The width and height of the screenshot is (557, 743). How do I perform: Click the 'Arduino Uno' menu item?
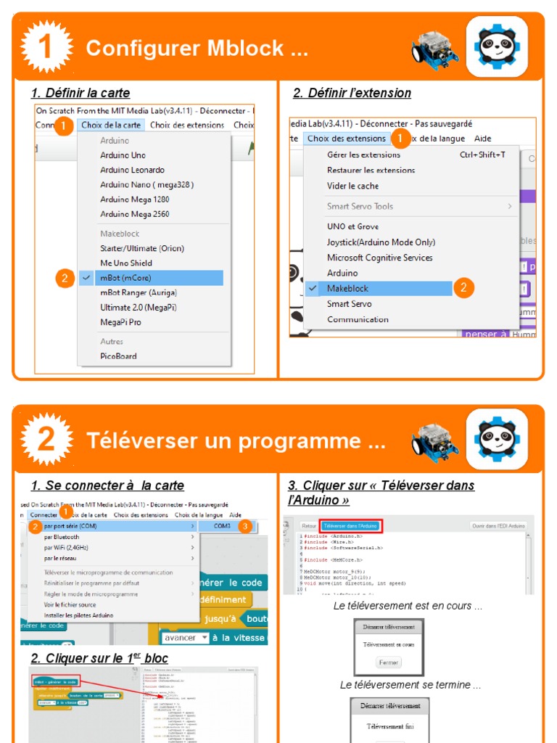tap(123, 155)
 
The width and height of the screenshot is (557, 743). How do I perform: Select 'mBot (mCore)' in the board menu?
tap(125, 278)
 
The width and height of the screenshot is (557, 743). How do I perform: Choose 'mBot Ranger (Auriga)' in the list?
tap(138, 292)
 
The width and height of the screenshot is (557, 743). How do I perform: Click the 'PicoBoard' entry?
tap(118, 356)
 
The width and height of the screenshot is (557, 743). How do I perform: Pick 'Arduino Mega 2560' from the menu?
tap(135, 214)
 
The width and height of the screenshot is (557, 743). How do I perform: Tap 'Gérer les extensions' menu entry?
tap(363, 155)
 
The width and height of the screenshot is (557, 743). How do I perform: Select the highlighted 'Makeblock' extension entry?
tap(347, 288)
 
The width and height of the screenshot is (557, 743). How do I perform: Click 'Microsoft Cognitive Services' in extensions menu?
tap(379, 258)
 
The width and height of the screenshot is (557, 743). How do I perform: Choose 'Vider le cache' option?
tap(352, 186)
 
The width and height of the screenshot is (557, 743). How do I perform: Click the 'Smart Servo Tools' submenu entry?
tap(360, 206)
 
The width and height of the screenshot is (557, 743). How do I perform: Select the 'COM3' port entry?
tap(222, 526)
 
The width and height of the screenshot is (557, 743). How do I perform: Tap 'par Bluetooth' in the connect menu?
tap(62, 537)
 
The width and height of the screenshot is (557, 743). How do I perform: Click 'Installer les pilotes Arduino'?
tap(78, 615)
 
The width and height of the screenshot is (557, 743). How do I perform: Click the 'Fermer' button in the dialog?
tap(389, 662)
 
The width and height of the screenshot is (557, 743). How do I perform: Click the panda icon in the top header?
tap(497, 46)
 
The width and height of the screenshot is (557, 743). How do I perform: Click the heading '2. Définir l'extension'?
tap(352, 93)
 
